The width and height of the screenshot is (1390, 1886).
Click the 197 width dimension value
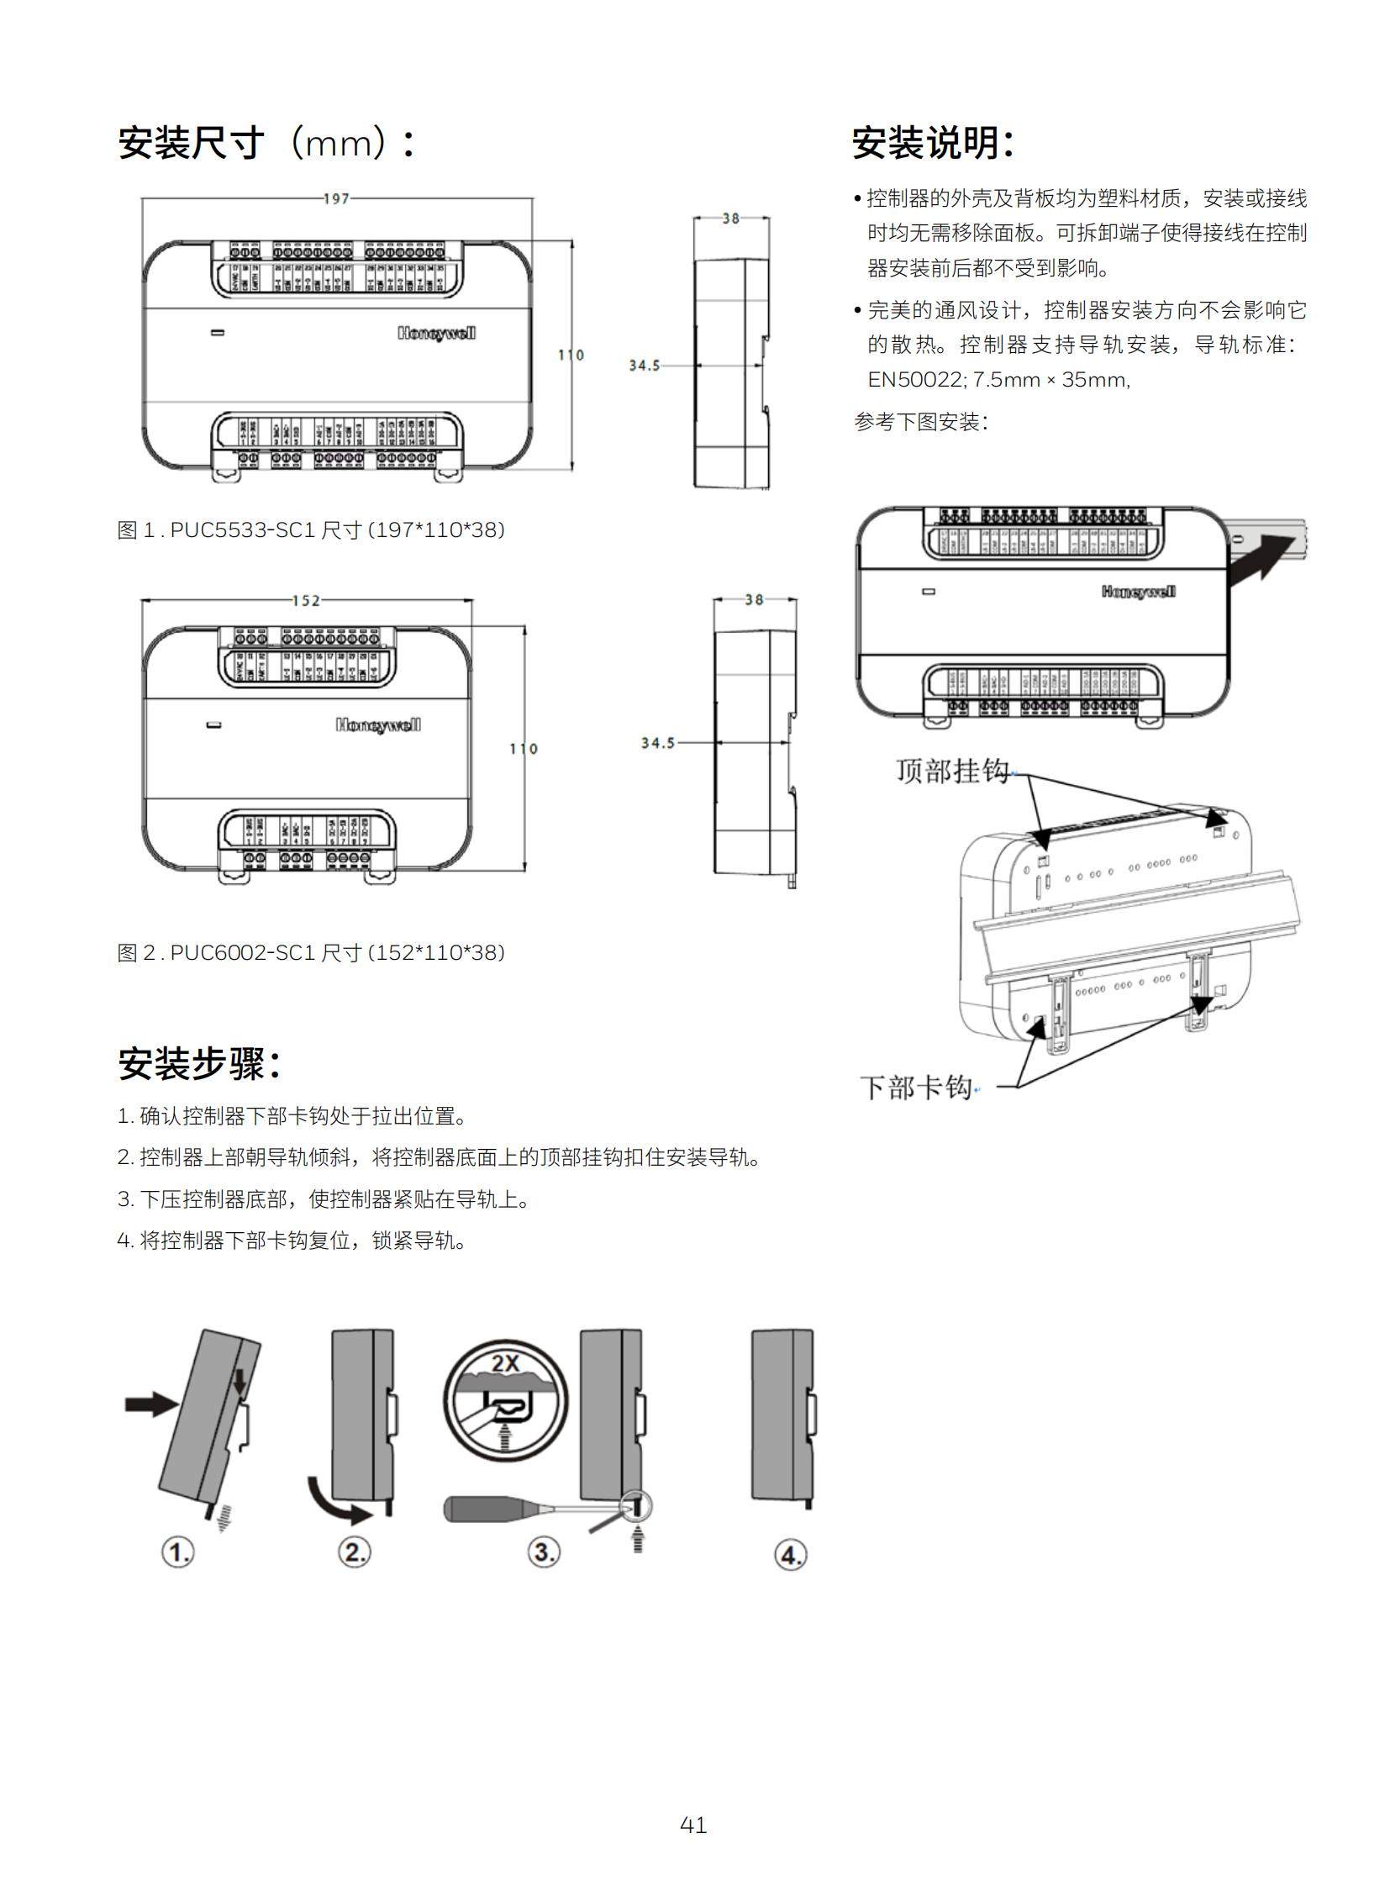tap(335, 198)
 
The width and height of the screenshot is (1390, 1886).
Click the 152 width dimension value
tap(306, 600)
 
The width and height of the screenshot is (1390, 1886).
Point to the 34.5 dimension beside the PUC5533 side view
tap(645, 366)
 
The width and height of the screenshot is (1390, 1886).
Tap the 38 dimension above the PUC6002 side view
tap(754, 599)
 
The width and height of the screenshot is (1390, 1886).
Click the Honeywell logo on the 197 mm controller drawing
tap(436, 334)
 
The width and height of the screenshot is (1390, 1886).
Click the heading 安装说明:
tap(932, 143)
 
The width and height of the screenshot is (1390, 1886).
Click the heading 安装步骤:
tap(198, 1064)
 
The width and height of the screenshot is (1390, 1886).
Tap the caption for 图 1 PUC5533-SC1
tap(310, 530)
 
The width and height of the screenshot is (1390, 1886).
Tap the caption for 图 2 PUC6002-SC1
tap(310, 953)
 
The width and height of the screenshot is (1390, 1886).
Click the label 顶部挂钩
tap(951, 770)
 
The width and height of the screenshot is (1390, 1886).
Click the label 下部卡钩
tap(915, 1088)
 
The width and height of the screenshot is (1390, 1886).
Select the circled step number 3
tap(544, 1551)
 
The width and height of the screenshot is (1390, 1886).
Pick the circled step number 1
tap(177, 1551)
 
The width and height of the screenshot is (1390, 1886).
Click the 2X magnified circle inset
tap(506, 1403)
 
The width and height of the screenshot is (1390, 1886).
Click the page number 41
tap(693, 1825)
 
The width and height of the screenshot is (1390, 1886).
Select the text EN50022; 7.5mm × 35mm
tap(998, 380)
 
